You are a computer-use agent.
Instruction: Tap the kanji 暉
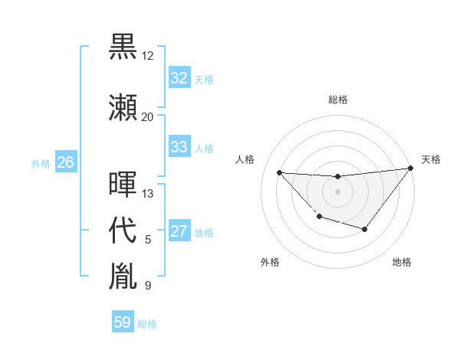pyautogui.click(x=123, y=185)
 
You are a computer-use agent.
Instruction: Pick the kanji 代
pyautogui.click(x=123, y=230)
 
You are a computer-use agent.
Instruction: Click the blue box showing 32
pyautogui.click(x=179, y=78)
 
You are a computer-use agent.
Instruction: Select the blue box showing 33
pyautogui.click(x=179, y=147)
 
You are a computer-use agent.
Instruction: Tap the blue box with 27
pyautogui.click(x=179, y=232)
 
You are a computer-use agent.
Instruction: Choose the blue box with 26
pyautogui.click(x=65, y=162)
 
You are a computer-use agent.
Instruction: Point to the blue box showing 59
pyautogui.click(x=122, y=322)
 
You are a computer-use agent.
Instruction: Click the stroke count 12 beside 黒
pyautogui.click(x=148, y=56)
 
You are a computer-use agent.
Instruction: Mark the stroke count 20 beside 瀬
pyautogui.click(x=148, y=116)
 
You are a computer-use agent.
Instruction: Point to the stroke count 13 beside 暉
pyautogui.click(x=148, y=194)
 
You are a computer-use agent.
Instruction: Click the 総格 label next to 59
pyautogui.click(x=147, y=324)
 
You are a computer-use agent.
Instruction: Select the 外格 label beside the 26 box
pyautogui.click(x=41, y=164)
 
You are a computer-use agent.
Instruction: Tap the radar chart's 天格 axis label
pyautogui.click(x=431, y=159)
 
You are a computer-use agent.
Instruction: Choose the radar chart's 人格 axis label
pyautogui.click(x=245, y=159)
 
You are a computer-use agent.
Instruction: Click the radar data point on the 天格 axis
pyautogui.click(x=410, y=168)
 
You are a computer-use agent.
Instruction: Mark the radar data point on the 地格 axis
pyautogui.click(x=365, y=229)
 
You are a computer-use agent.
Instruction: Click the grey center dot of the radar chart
pyautogui.click(x=337, y=191)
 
